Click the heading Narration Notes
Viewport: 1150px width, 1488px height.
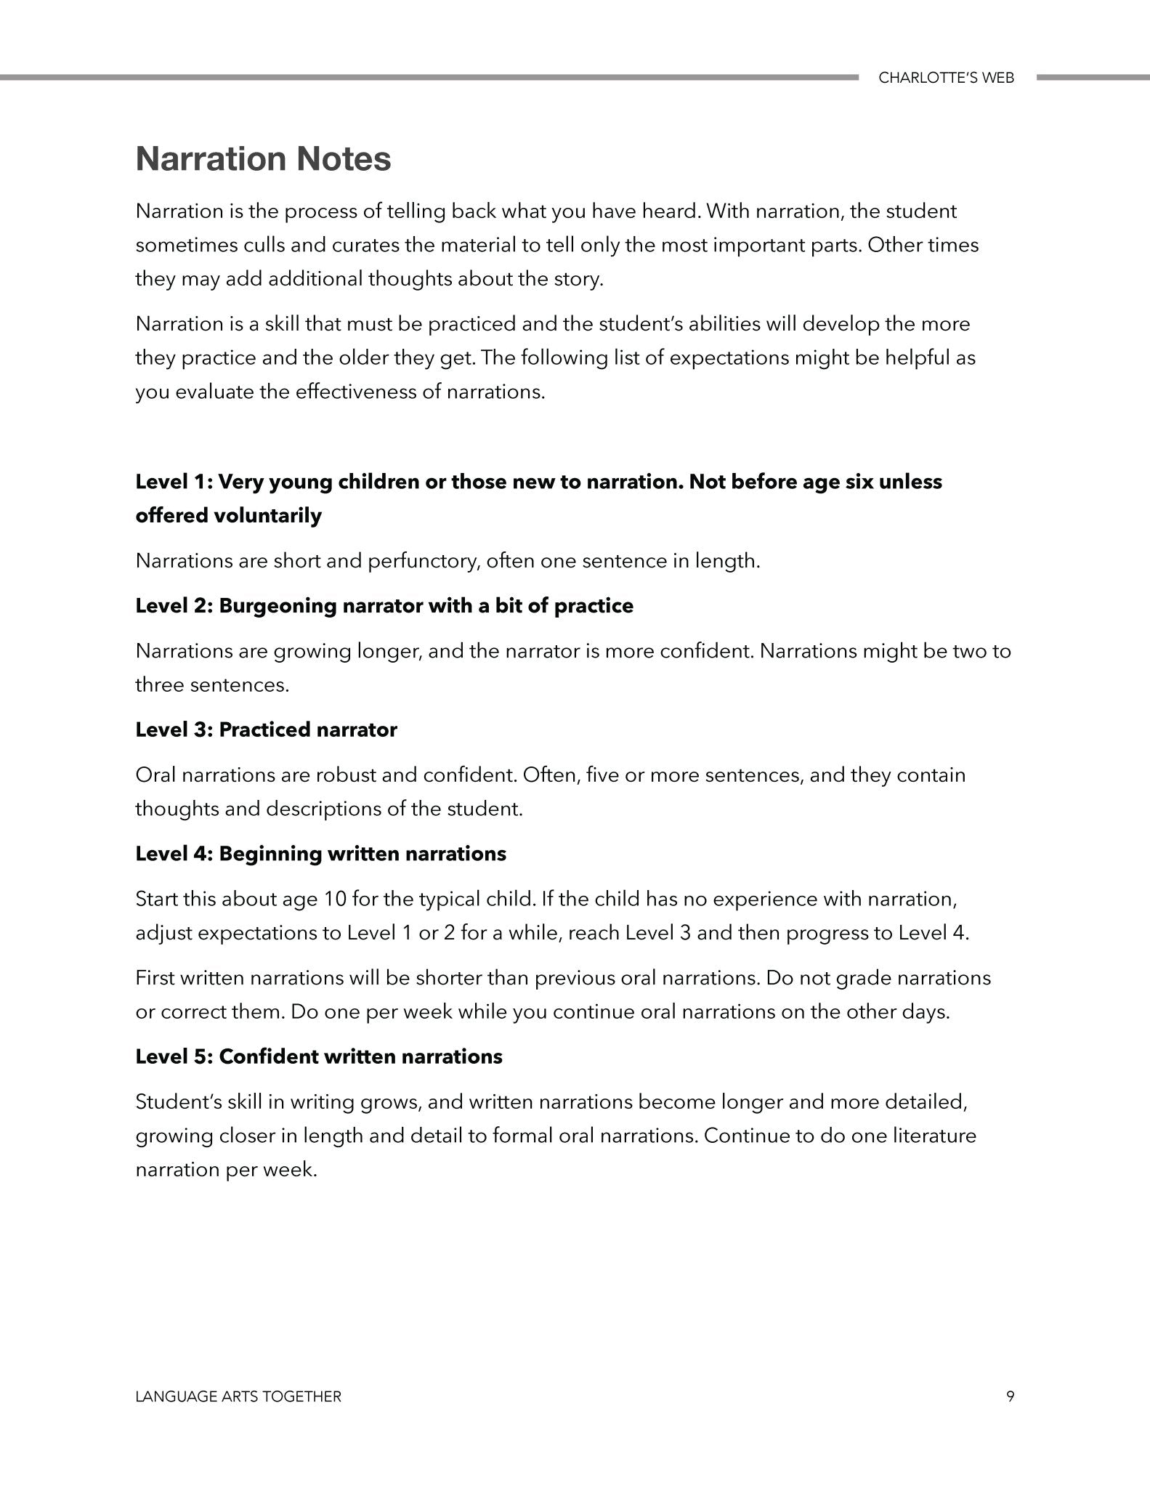click(263, 159)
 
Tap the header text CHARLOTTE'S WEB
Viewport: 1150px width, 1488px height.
click(946, 78)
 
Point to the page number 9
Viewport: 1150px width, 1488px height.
click(1011, 1396)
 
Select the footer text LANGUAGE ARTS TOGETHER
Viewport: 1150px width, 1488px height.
click(238, 1396)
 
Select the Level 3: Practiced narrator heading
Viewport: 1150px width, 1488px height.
click(266, 729)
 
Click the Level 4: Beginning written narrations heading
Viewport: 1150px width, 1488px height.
click(320, 853)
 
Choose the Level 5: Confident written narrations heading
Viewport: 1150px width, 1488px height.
click(318, 1056)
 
